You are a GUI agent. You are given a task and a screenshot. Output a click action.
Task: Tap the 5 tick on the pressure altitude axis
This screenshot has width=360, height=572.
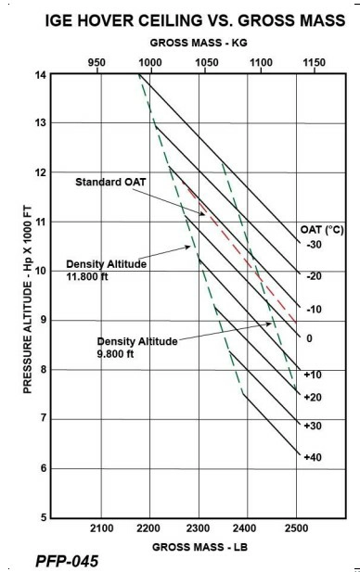pyautogui.click(x=42, y=517)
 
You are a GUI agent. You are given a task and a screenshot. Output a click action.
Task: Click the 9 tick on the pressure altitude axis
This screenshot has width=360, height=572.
pyautogui.click(x=42, y=320)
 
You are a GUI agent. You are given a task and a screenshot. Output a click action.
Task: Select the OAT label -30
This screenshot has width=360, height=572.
pyautogui.click(x=314, y=245)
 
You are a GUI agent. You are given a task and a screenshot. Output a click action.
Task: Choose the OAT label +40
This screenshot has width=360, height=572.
pyautogui.click(x=314, y=456)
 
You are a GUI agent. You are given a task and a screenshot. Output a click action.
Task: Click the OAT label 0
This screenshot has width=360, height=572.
pyautogui.click(x=310, y=338)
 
